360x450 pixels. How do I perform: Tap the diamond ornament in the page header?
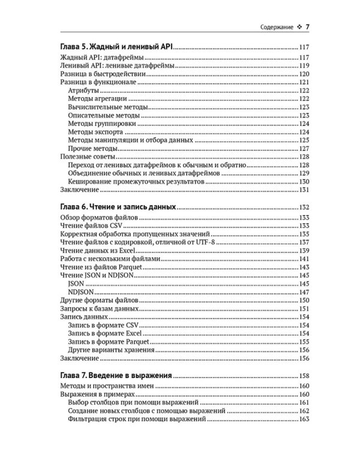point(299,28)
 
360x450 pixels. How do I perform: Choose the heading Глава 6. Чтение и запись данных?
point(119,206)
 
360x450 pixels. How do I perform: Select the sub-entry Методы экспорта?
point(96,131)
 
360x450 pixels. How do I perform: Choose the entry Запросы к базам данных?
point(96,308)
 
